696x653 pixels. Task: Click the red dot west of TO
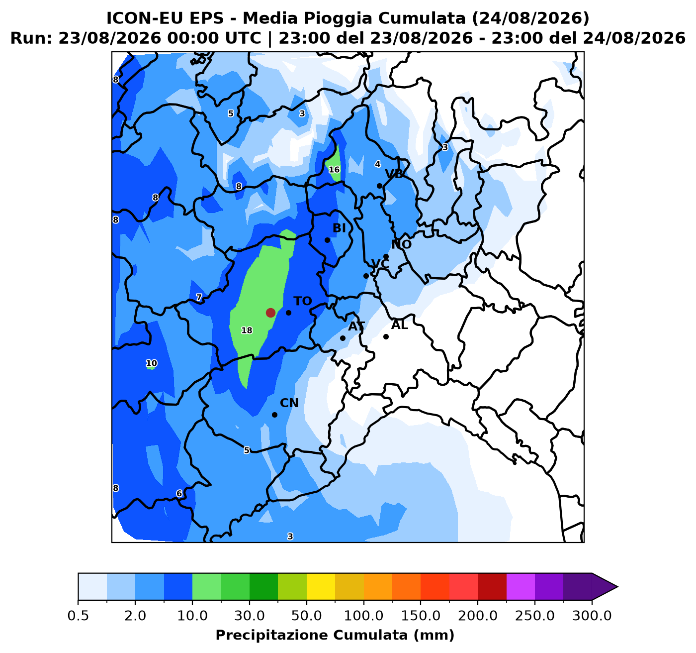tap(270, 313)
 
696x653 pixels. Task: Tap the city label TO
tap(303, 301)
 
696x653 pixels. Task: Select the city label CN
tap(289, 403)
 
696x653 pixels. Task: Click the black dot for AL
tap(386, 337)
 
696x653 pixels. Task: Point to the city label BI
tap(339, 228)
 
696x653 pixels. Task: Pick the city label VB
tap(395, 174)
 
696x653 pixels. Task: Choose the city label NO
tap(402, 244)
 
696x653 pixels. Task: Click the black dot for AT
tap(343, 338)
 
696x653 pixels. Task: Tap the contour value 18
tap(247, 330)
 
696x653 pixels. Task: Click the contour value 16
tap(334, 170)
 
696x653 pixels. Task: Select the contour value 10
tap(152, 363)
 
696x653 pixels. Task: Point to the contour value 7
tap(199, 298)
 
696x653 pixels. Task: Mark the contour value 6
tap(179, 494)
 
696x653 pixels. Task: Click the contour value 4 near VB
tap(377, 164)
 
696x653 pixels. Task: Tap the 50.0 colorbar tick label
tap(307, 616)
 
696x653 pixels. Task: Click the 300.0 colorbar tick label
tap(592, 616)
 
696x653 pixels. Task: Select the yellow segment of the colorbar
tap(321, 586)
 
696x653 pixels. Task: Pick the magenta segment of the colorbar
tap(521, 586)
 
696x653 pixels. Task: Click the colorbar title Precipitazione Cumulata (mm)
tap(335, 635)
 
